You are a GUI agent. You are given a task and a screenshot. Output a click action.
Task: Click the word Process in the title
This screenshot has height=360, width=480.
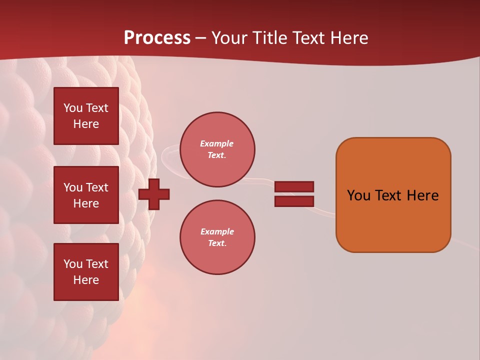pos(157,38)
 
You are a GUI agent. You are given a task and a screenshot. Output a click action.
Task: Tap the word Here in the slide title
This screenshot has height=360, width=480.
pos(348,38)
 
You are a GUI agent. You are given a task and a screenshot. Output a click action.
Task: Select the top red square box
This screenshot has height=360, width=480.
pos(86,116)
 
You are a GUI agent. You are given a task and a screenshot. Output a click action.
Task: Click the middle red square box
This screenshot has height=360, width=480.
pos(86,195)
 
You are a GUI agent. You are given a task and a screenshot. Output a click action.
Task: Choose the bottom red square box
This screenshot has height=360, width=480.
pos(86,271)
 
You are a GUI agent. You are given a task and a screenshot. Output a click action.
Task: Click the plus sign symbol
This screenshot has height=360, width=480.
pos(154,194)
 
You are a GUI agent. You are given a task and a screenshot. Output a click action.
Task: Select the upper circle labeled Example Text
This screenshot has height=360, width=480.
pos(217,149)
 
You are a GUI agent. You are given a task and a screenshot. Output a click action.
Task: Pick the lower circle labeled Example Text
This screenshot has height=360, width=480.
pos(217,237)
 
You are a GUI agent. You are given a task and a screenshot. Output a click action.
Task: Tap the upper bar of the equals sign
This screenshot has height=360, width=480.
pos(294,186)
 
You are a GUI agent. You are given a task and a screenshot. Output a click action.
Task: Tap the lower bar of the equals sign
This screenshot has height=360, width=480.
pos(294,201)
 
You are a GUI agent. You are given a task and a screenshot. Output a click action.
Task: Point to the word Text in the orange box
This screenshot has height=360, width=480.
pos(389,195)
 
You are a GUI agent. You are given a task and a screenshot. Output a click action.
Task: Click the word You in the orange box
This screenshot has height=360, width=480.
pos(359,195)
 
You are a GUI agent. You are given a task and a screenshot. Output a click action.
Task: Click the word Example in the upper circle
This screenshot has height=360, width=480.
pos(217,143)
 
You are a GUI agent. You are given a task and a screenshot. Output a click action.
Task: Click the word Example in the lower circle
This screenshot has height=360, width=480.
pos(217,231)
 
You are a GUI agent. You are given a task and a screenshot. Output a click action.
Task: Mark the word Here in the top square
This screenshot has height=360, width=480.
pos(86,124)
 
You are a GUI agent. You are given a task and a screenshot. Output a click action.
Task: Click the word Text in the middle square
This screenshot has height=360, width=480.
pos(97,187)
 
